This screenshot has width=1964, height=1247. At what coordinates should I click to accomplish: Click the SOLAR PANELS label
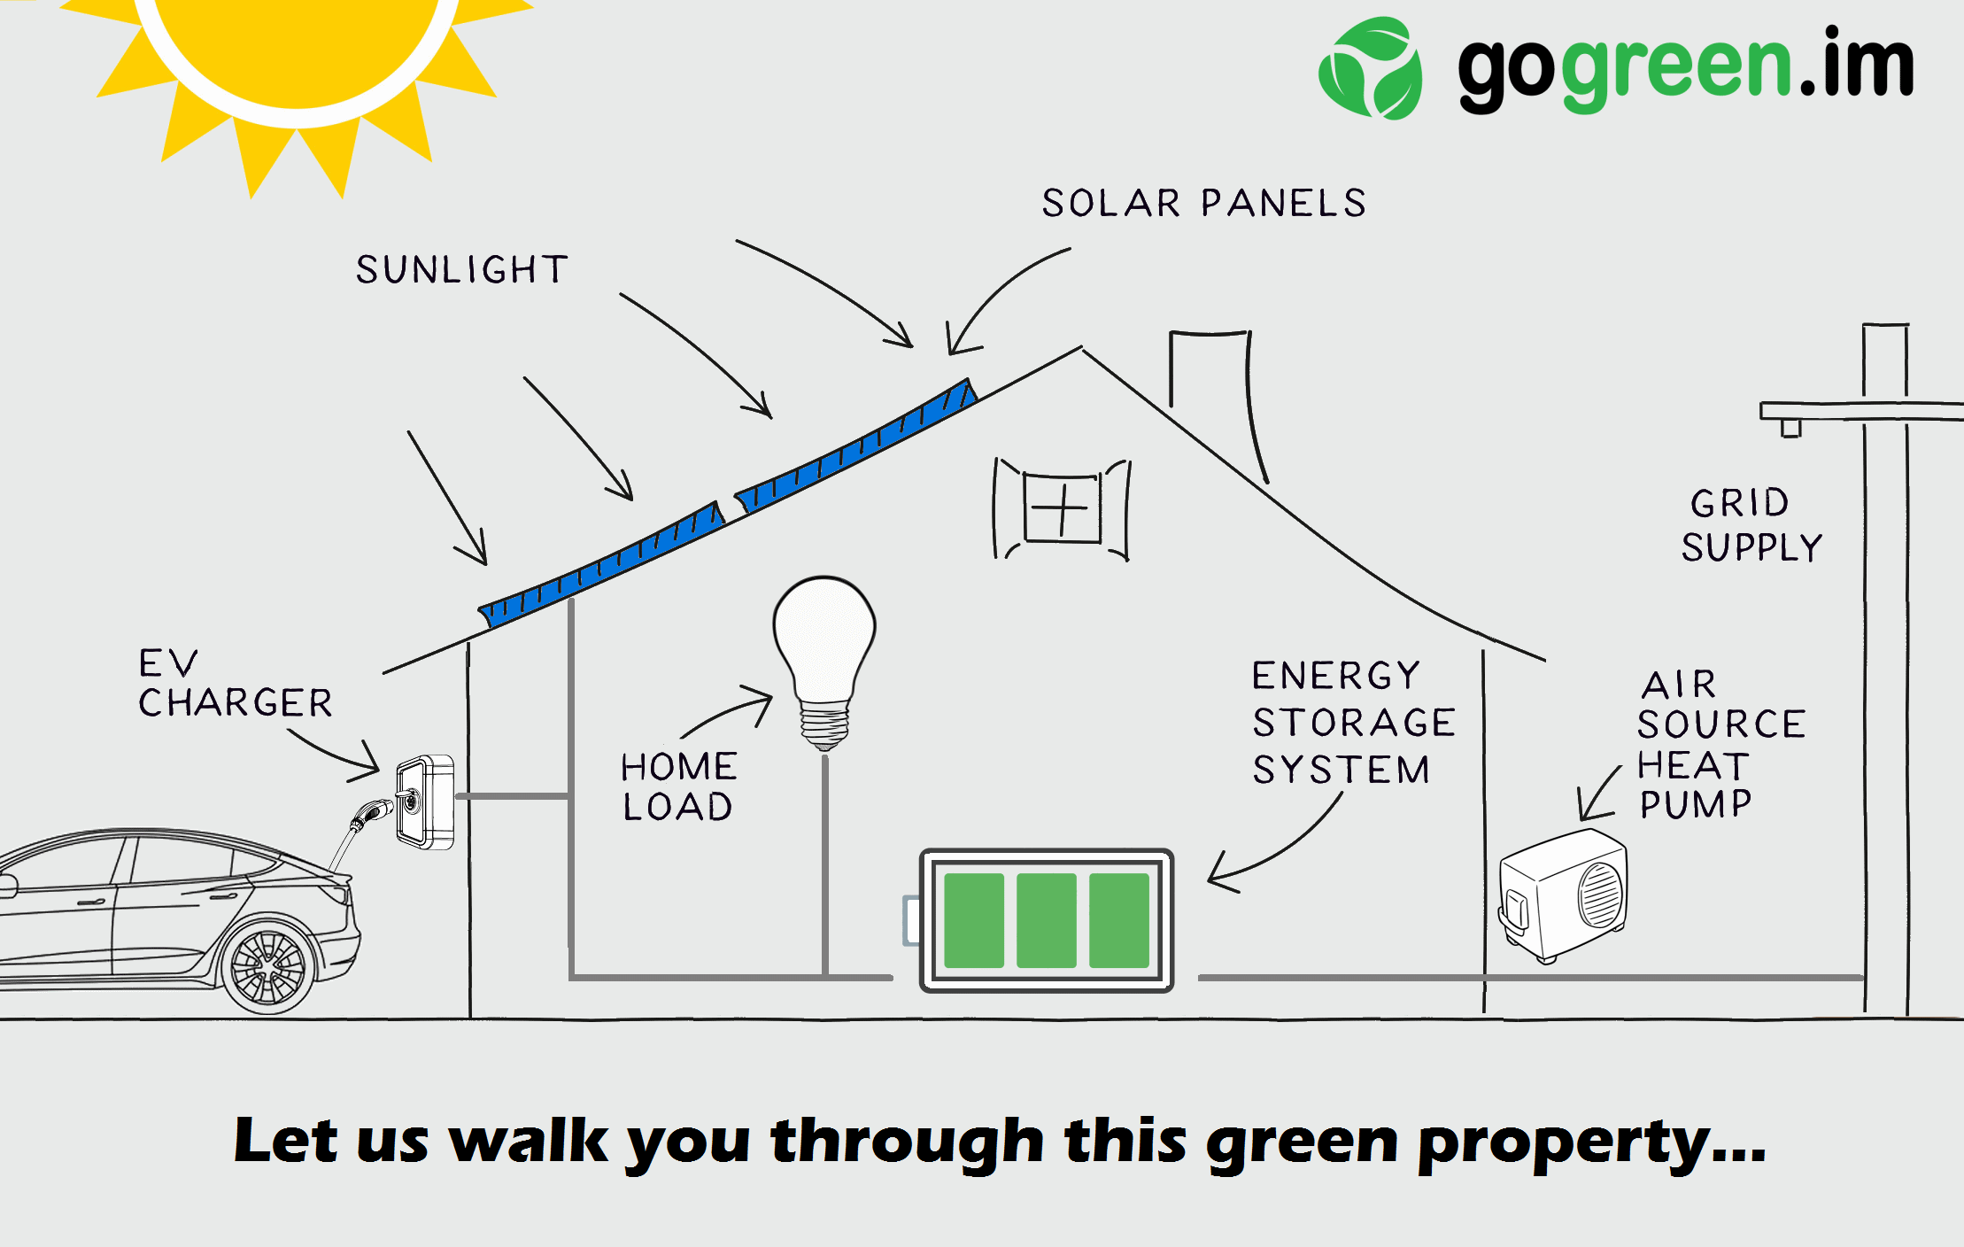tap(1204, 203)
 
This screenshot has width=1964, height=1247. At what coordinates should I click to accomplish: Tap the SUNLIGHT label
tap(461, 269)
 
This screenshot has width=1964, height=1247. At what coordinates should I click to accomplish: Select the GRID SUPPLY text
tap(1751, 524)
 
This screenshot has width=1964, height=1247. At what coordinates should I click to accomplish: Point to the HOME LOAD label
tap(678, 786)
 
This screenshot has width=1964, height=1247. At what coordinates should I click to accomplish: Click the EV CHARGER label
tap(236, 683)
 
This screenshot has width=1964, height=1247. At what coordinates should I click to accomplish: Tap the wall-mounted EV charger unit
tap(425, 802)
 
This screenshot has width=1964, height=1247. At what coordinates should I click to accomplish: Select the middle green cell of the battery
tap(1047, 920)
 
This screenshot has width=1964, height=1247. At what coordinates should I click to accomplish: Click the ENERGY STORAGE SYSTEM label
tap(1353, 723)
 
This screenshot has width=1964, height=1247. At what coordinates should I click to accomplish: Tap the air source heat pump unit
tap(1563, 895)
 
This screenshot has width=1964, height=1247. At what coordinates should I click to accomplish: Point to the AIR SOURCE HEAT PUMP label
tap(1721, 744)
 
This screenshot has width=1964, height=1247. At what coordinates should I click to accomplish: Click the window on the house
tap(1062, 509)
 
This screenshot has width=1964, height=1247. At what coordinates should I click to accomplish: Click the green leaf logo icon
tap(1371, 68)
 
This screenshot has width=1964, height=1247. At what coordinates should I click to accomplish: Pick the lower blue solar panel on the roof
tap(601, 564)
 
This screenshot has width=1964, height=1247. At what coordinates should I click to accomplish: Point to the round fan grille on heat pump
tap(1601, 894)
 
